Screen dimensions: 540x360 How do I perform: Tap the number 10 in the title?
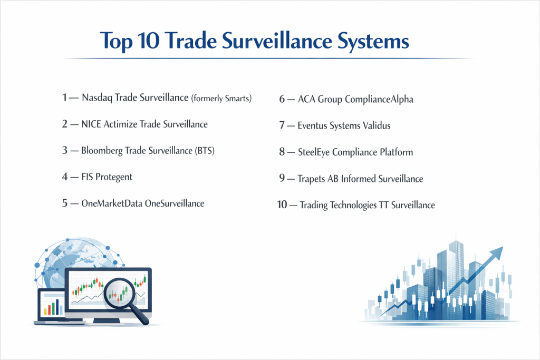(x=148, y=41)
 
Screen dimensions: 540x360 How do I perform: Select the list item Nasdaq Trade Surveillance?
(x=135, y=98)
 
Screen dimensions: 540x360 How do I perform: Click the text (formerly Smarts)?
(x=221, y=99)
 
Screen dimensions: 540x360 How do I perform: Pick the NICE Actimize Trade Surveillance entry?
(x=144, y=124)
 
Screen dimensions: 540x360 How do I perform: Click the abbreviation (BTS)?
(x=205, y=151)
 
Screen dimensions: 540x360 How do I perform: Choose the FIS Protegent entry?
(x=107, y=177)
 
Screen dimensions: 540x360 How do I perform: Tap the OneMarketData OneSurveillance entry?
(x=142, y=203)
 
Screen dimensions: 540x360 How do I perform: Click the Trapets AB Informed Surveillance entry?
(x=360, y=179)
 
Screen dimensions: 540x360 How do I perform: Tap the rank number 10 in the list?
(x=282, y=205)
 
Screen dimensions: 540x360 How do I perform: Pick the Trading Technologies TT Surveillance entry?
(x=367, y=205)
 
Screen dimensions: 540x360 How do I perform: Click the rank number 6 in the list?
(x=282, y=99)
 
